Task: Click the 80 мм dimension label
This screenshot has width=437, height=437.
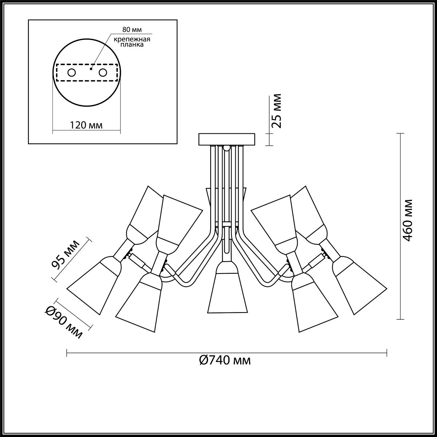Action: [132, 30]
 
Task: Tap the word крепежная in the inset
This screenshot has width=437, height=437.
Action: [132, 39]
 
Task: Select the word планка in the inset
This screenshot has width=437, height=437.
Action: [132, 44]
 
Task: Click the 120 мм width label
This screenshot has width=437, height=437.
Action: [86, 125]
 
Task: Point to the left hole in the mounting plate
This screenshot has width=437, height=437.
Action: [72, 73]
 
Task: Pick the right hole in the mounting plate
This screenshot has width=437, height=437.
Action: [103, 73]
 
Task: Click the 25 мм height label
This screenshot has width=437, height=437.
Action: [276, 111]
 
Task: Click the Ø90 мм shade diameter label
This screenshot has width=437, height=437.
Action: [64, 322]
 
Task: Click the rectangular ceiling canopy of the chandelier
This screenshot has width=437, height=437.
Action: [227, 139]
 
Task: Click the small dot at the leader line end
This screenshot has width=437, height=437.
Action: [91, 68]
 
